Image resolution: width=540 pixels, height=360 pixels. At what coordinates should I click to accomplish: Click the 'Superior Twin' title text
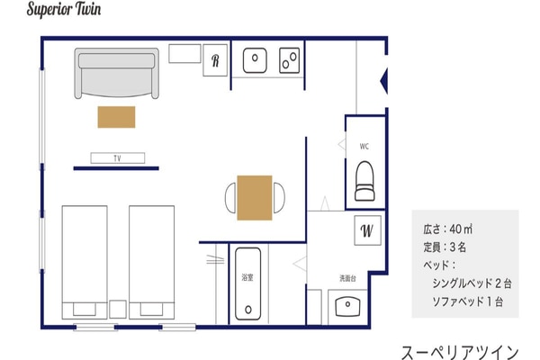64,9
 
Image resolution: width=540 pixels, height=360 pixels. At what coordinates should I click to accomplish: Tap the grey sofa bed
117,73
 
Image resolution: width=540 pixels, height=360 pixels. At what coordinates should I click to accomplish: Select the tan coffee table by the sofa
116,117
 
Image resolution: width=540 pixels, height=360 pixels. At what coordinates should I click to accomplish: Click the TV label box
117,158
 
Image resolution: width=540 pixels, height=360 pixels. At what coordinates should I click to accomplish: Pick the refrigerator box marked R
215,60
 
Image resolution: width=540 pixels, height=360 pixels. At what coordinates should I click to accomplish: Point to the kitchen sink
255,60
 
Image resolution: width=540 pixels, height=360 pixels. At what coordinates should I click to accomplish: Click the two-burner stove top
289,60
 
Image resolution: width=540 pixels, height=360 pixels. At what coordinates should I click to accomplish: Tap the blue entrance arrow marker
383,81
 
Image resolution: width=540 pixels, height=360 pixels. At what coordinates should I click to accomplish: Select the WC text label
364,147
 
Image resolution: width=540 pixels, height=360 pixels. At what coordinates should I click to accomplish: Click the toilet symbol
364,181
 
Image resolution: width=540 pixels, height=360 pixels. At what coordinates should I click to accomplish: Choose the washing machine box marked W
367,230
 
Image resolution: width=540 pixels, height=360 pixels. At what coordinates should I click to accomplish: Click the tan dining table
255,198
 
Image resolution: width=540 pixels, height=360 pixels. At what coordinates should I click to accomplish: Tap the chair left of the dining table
230,198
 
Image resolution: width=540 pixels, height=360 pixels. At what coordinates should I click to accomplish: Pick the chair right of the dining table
279,198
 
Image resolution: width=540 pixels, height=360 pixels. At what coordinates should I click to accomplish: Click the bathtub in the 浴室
248,283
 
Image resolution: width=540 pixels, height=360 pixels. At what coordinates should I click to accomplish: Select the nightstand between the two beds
118,309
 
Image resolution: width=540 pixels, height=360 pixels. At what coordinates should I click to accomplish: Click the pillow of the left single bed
85,310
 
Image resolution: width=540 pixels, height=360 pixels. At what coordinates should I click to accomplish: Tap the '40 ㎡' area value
461,229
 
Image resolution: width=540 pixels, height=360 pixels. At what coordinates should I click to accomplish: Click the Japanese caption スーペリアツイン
460,352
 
